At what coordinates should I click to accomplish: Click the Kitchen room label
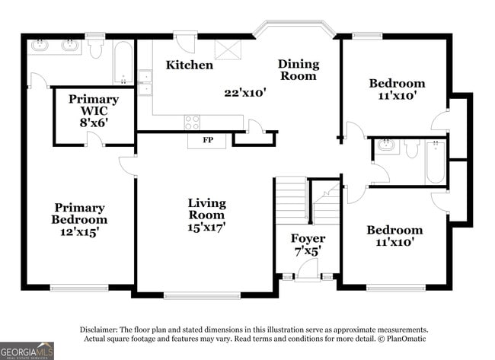pyautogui.click(x=190, y=65)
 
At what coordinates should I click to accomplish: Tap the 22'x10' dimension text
pyautogui.click(x=244, y=93)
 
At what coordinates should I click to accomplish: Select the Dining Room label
pyautogui.click(x=298, y=69)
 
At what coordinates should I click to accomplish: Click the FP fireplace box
pyautogui.click(x=207, y=141)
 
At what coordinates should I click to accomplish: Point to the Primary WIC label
pyautogui.click(x=93, y=110)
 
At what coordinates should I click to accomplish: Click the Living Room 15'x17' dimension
pyautogui.click(x=207, y=226)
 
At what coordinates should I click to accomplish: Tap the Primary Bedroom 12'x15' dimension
pyautogui.click(x=79, y=231)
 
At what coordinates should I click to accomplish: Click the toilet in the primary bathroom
pyautogui.click(x=95, y=49)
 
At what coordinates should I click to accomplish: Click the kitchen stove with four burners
pyautogui.click(x=192, y=123)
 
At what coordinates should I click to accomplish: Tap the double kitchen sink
pyautogui.click(x=145, y=82)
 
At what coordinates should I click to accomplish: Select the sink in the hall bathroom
pyautogui.click(x=385, y=145)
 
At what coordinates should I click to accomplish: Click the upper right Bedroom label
pyautogui.click(x=396, y=83)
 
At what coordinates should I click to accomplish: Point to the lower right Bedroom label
pyautogui.click(x=394, y=230)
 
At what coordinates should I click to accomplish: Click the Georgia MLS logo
pyautogui.click(x=27, y=350)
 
